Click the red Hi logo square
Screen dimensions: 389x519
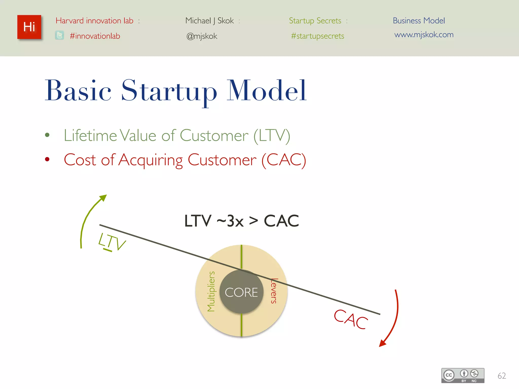[x=29, y=27]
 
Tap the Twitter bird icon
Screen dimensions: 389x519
[x=60, y=35]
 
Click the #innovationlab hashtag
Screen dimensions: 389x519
[x=95, y=36]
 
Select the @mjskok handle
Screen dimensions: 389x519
[x=202, y=36]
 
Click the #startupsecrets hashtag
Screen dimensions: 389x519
[x=318, y=36]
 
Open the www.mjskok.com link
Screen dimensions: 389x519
[x=424, y=34]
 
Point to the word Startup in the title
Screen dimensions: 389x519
[x=169, y=91]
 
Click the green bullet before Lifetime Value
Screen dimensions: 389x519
[x=47, y=135]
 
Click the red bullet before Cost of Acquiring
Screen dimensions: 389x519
[x=47, y=159]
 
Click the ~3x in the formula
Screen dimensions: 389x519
[x=230, y=221]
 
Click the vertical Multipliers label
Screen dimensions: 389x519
[x=211, y=291]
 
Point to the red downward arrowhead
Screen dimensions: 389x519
[x=382, y=343]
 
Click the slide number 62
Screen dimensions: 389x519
[x=502, y=376]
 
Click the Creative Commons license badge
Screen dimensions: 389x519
[x=463, y=375]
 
